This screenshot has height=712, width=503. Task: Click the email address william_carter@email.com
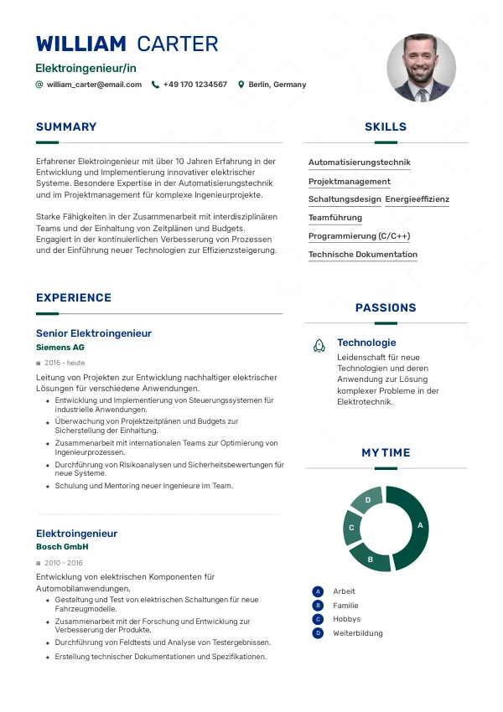[x=94, y=85]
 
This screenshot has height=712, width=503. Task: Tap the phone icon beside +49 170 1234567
[x=155, y=85]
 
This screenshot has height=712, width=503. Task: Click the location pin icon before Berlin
[x=241, y=85]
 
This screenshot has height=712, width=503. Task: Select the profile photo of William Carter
[x=422, y=68]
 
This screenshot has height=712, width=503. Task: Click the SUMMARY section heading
[x=66, y=127]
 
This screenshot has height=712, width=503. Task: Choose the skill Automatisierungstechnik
[x=360, y=163]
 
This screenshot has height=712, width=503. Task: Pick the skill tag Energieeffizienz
[x=417, y=199]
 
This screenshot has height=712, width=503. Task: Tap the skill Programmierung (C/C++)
[x=360, y=236]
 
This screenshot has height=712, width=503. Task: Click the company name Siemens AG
[x=60, y=347]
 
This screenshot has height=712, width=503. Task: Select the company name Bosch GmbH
[x=62, y=547]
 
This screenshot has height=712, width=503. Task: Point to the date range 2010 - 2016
[x=64, y=563]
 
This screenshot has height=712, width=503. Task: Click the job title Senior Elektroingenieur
[x=94, y=333]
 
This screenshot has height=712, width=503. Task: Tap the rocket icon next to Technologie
[x=319, y=344]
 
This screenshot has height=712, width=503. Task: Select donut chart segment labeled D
[x=368, y=501]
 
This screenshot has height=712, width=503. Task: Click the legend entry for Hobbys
[x=346, y=619]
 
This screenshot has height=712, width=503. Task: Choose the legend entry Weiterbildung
[x=357, y=633]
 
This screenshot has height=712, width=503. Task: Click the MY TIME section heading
[x=386, y=452]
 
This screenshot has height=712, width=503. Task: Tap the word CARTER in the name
[x=177, y=44]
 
